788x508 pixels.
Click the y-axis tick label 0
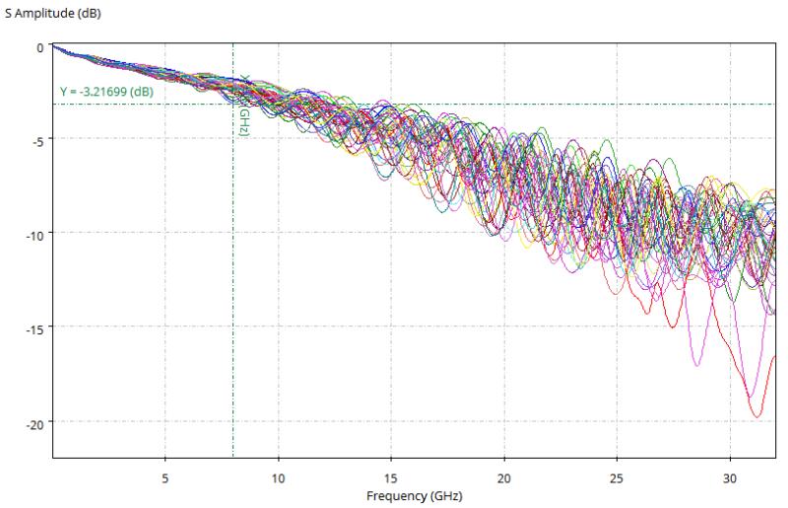39,45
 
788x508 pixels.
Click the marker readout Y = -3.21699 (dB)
106,93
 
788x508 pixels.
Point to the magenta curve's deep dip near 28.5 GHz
697,365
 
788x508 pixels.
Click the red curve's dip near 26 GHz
646,313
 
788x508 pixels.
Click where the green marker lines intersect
233,104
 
